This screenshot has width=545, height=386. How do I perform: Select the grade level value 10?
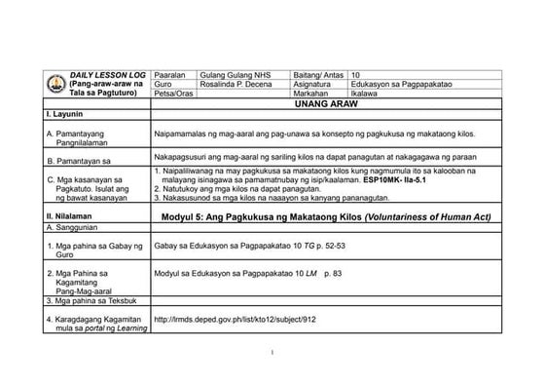pyautogui.click(x=355, y=74)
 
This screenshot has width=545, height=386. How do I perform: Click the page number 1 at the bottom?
pyautogui.click(x=274, y=352)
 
